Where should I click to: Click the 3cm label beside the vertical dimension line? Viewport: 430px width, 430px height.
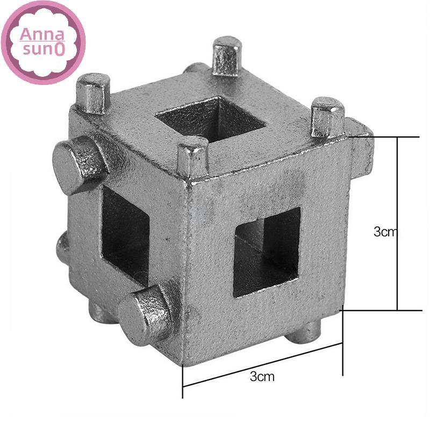click(385, 232)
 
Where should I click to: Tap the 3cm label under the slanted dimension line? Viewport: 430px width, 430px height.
click(262, 376)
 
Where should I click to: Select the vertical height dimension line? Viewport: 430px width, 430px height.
click(398, 223)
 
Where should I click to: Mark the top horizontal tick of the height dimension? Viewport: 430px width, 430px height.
click(384, 137)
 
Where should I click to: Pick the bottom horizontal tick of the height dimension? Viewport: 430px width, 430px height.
click(382, 310)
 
